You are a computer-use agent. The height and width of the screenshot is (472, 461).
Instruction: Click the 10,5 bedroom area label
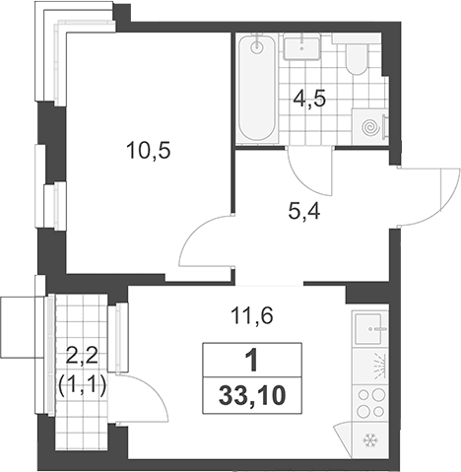pyautogui.click(x=149, y=152)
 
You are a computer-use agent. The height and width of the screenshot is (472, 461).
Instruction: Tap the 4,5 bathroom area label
pyautogui.click(x=309, y=100)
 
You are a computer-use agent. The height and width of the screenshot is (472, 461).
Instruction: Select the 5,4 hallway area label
pyautogui.click(x=304, y=212)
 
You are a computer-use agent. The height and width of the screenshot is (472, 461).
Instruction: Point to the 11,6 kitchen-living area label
pyautogui.click(x=252, y=316)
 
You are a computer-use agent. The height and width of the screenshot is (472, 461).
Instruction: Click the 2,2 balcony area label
pyautogui.click(x=82, y=357)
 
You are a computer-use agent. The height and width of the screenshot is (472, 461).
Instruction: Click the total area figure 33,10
pyautogui.click(x=252, y=396)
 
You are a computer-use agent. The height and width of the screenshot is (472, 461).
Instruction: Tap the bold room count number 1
pyautogui.click(x=252, y=361)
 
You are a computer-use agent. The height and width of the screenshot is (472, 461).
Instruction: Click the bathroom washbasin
pyautogui.click(x=302, y=48)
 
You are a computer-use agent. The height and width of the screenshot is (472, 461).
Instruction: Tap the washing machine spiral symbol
pyautogui.click(x=370, y=126)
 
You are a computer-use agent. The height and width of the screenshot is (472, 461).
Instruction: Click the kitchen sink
pyautogui.click(x=368, y=328)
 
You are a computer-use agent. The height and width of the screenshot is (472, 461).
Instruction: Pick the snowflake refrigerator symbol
pyautogui.click(x=370, y=440)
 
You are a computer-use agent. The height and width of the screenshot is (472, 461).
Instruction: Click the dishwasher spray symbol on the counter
pyautogui.click(x=378, y=365)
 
